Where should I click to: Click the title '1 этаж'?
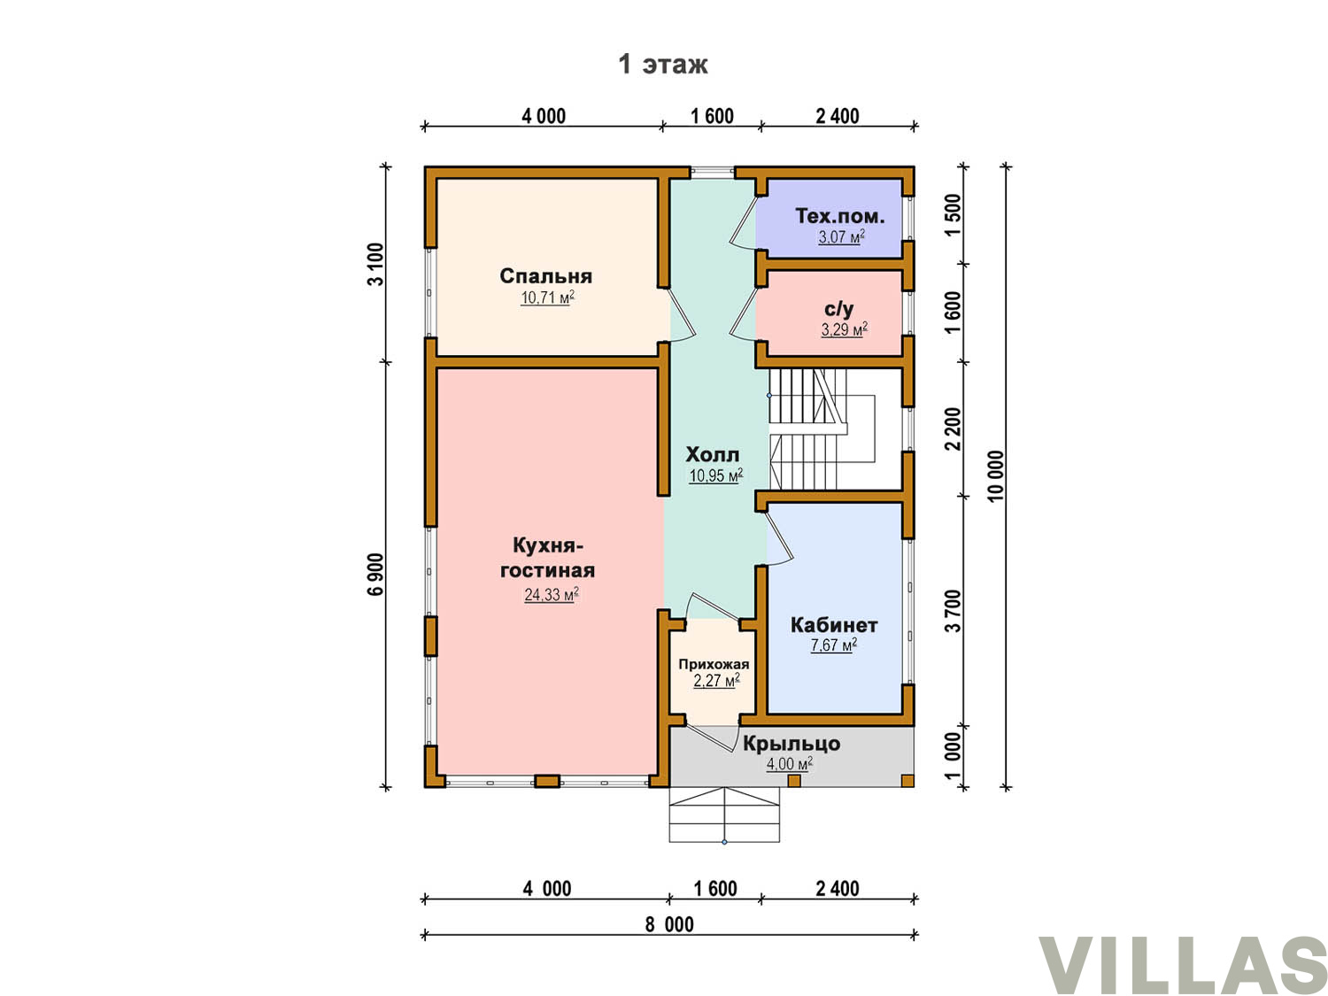(x=662, y=64)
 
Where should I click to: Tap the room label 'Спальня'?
(x=545, y=275)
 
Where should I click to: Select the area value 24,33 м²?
(x=551, y=594)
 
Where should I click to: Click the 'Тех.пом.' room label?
(x=839, y=216)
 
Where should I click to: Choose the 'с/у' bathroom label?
(x=838, y=309)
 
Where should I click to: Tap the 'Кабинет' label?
(x=833, y=624)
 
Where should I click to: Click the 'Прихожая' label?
(x=714, y=664)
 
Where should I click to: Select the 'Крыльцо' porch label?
(x=791, y=743)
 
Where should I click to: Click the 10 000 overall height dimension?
(x=995, y=476)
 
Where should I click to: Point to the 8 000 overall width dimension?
(x=668, y=924)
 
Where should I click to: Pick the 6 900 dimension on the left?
(x=375, y=574)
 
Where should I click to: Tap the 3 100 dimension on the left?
(x=375, y=264)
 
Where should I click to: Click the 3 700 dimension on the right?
(x=953, y=611)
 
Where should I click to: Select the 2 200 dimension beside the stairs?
(x=953, y=429)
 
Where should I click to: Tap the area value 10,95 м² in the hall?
(x=715, y=475)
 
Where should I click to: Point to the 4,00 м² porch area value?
(x=789, y=763)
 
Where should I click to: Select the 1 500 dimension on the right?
(x=953, y=215)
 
